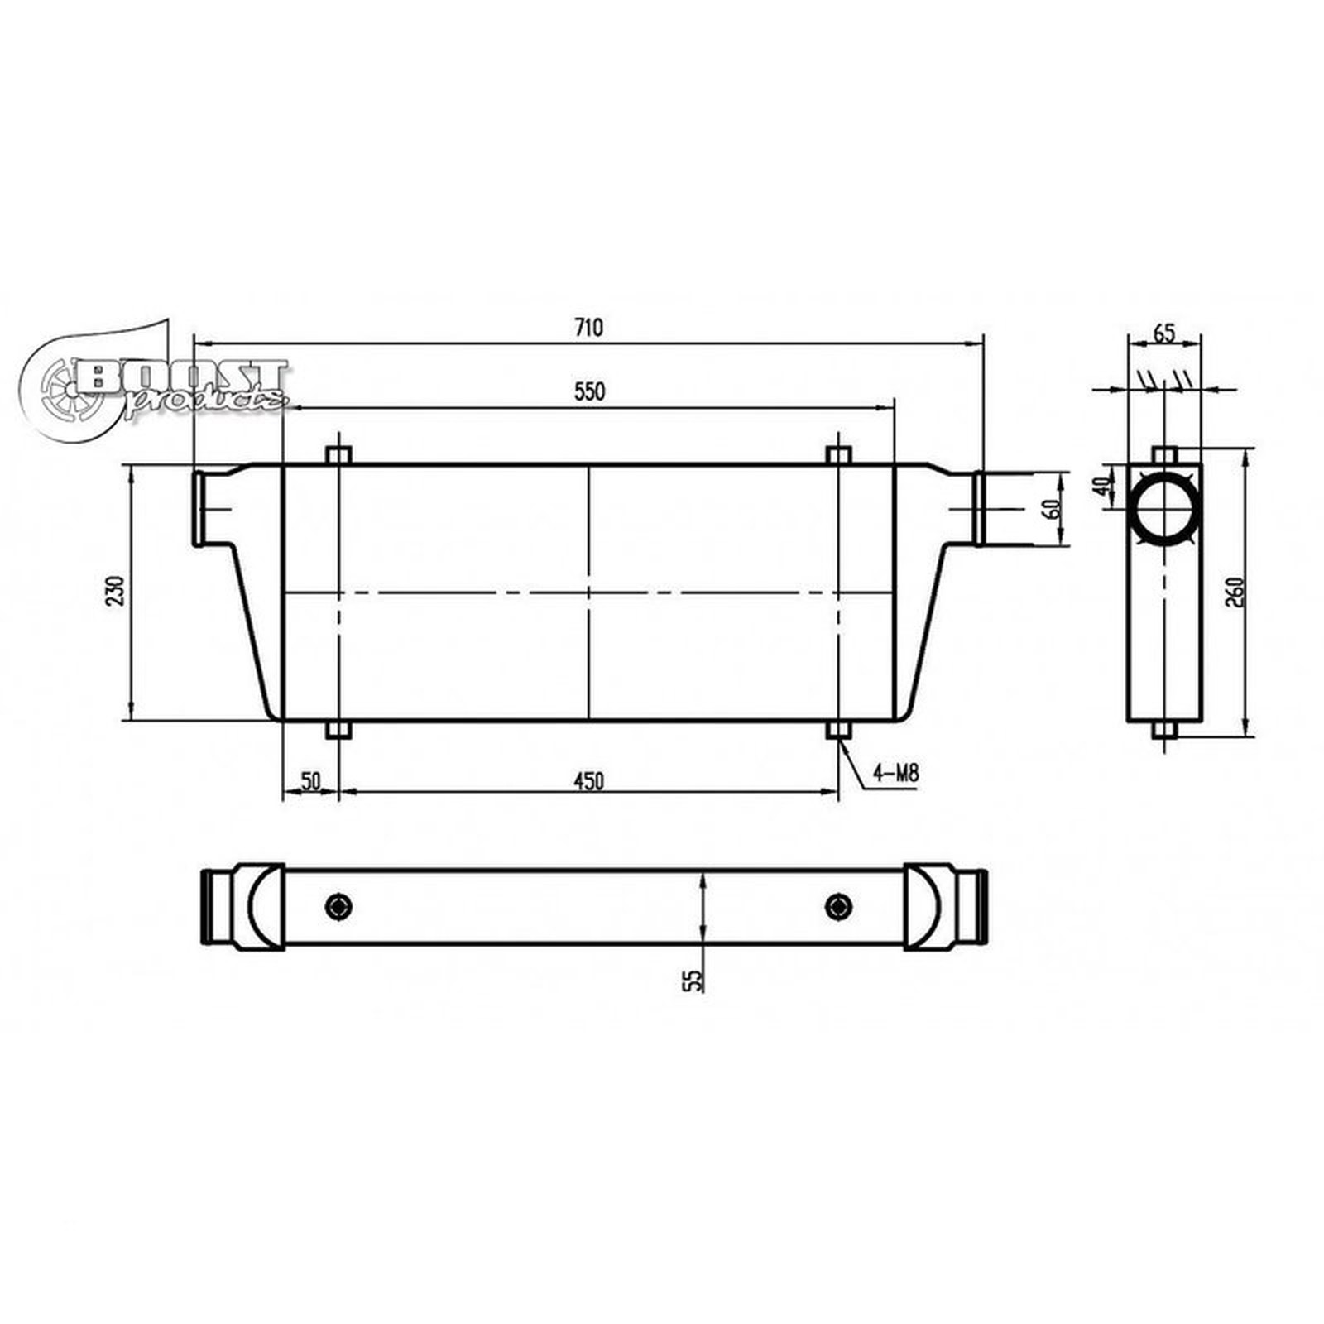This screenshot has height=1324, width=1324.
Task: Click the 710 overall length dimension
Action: tap(588, 328)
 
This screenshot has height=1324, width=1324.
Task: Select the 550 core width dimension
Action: tap(590, 391)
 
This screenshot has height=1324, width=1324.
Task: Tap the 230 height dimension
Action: tap(116, 591)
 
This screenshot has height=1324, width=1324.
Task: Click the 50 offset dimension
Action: tap(310, 780)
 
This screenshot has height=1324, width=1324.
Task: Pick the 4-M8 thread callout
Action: tap(895, 775)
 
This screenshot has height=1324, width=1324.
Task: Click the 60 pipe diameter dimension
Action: tap(1054, 508)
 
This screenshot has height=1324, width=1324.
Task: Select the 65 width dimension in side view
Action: tap(1163, 333)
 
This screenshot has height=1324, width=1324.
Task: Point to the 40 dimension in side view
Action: tap(1101, 486)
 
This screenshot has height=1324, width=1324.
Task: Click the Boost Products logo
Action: tap(157, 382)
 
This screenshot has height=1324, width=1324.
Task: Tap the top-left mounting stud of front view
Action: tap(338, 455)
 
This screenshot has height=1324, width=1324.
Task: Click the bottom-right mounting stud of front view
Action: tap(838, 731)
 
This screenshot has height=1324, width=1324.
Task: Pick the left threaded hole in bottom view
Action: tap(338, 906)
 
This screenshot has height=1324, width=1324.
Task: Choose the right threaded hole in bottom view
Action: tap(838, 906)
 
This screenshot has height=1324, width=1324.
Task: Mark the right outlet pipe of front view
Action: tap(978, 508)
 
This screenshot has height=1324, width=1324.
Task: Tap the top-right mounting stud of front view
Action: tap(838, 455)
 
